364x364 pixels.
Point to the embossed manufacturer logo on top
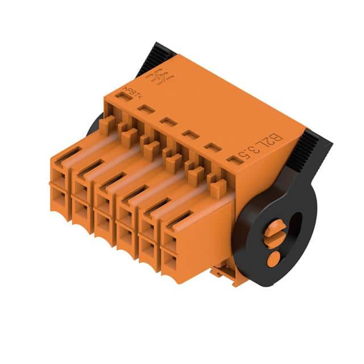[x=156, y=77]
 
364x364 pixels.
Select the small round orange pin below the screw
[x=274, y=259]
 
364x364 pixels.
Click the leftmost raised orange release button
[x=106, y=125]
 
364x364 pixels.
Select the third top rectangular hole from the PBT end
[x=167, y=121]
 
